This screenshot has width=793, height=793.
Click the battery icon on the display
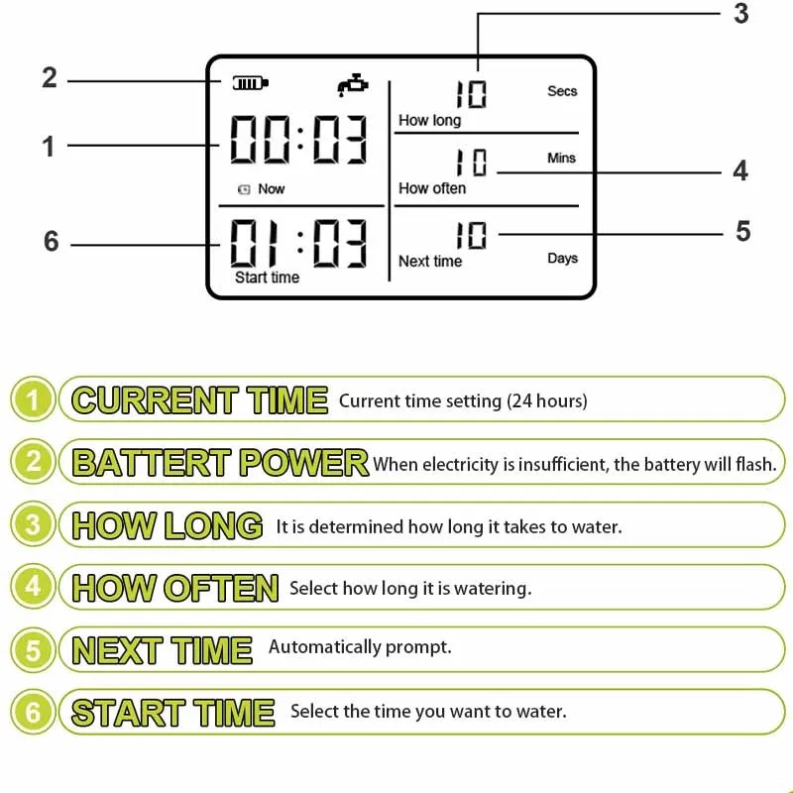click(251, 83)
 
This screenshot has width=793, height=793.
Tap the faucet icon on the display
click(353, 85)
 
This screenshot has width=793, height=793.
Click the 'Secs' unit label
click(562, 91)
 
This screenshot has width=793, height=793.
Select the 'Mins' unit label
click(561, 158)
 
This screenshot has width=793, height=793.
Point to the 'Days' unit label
click(562, 259)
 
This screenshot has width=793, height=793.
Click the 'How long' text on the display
click(430, 120)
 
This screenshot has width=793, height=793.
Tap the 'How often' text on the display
click(432, 188)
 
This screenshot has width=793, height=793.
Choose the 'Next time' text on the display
click(430, 261)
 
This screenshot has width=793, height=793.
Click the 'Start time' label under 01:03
click(267, 278)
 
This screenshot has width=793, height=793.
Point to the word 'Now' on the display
click(271, 188)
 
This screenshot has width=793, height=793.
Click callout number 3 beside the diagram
click(740, 14)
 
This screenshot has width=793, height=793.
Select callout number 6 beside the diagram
click(52, 241)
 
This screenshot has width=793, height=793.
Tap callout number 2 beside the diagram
click(50, 78)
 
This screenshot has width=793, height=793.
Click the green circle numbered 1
click(33, 399)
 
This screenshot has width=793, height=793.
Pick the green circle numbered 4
click(33, 587)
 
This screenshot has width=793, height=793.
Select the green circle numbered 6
click(33, 712)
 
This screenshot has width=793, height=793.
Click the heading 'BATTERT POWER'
click(220, 462)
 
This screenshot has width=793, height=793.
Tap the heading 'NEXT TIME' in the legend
click(162, 650)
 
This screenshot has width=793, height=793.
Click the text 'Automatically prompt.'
click(360, 647)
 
